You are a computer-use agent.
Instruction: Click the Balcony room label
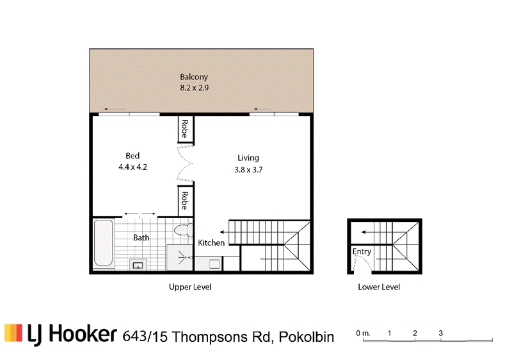[x=194, y=77]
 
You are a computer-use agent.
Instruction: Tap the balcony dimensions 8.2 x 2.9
[x=195, y=88]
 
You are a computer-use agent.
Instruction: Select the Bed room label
[x=132, y=156]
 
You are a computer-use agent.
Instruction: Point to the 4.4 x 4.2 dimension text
[x=132, y=167]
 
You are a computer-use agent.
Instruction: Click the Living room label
[x=248, y=158]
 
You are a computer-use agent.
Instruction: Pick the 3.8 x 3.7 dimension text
[x=248, y=170]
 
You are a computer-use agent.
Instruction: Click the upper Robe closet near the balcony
[x=186, y=130]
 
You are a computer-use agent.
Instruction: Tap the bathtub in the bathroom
[x=104, y=243]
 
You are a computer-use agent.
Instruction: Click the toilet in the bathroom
[x=184, y=230]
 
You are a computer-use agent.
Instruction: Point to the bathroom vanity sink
[x=138, y=264]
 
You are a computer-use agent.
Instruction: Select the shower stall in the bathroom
[x=180, y=258]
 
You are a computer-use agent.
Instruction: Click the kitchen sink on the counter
[x=214, y=264]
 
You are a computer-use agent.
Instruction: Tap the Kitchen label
[x=211, y=243]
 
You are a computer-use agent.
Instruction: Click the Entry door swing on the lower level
[x=363, y=263]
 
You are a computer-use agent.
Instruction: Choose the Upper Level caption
[x=190, y=287]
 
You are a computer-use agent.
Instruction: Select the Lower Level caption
[x=379, y=287]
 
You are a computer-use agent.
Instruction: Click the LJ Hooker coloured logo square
[x=13, y=333]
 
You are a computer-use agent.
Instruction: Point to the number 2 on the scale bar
[x=415, y=333]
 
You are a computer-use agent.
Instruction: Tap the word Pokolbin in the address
[x=307, y=337]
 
